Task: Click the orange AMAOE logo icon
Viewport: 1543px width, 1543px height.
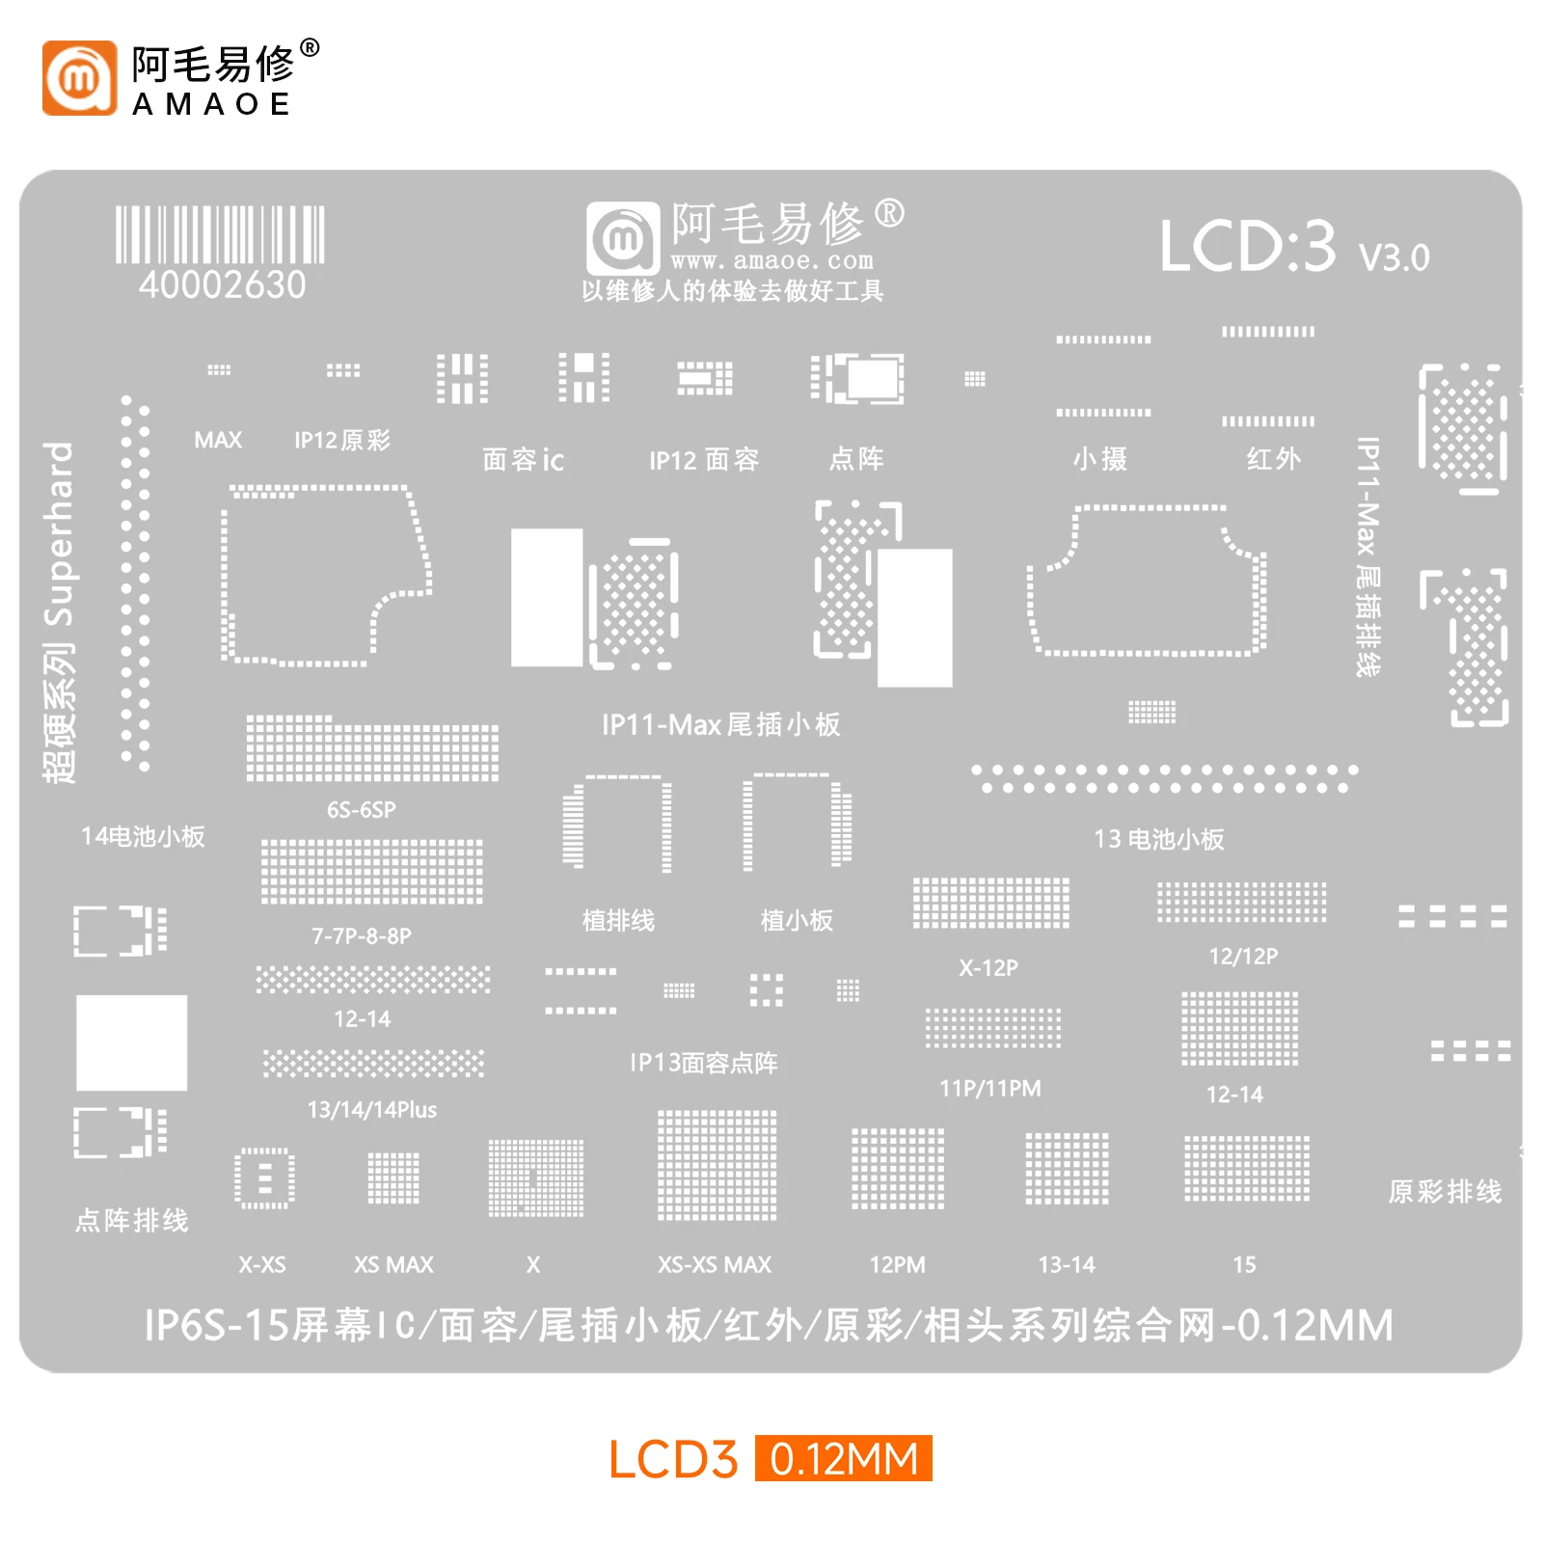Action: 79,77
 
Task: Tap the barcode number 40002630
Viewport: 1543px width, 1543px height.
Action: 222,285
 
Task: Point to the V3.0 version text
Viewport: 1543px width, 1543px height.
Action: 1394,257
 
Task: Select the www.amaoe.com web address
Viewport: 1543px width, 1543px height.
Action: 771,260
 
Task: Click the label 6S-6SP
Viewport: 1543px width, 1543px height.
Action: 361,810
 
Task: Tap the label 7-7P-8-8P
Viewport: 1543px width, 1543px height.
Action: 361,936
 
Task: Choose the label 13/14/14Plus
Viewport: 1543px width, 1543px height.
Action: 371,1110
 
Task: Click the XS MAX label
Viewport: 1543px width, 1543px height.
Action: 393,1264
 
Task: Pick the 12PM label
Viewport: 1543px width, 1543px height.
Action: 897,1264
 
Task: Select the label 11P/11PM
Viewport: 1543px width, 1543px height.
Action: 990,1089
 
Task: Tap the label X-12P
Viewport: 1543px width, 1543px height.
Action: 988,967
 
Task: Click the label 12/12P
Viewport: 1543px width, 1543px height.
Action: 1243,957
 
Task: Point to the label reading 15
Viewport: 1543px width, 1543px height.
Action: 1244,1264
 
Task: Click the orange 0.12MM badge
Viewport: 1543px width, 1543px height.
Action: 844,1458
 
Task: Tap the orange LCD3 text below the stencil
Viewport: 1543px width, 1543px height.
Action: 673,1459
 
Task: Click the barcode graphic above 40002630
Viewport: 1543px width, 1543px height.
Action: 220,234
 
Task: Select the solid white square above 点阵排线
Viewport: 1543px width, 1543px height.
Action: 131,1042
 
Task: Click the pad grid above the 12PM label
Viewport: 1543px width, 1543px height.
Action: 898,1169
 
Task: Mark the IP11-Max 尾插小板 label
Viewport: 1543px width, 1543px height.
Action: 721,724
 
